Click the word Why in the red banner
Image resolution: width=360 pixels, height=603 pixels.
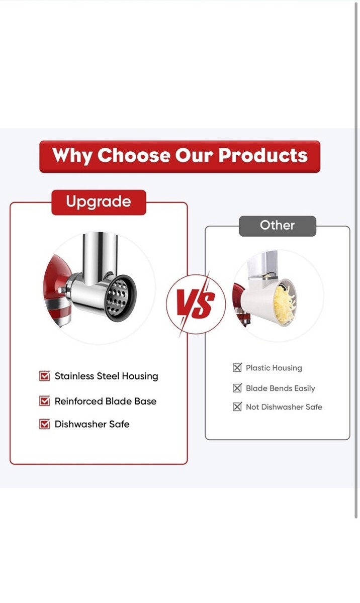72,156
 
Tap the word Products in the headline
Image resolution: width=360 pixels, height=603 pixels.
263,155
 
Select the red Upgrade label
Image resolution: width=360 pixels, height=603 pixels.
99,202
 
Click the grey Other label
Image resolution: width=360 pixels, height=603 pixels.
278,226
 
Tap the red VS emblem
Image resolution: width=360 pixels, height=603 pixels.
196,304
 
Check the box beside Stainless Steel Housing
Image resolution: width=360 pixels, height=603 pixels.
44,376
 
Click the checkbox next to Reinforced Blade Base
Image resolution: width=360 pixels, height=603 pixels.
44,400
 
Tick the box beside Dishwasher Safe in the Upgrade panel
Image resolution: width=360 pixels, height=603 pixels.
44,424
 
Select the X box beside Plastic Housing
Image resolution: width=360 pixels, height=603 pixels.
237,367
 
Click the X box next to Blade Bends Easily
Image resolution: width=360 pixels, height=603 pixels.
237,388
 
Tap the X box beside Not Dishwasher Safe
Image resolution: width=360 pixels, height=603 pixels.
237,407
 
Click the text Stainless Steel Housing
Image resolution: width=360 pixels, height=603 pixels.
107,376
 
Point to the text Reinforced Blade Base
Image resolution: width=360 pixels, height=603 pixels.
106,401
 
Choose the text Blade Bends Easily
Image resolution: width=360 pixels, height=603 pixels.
280,388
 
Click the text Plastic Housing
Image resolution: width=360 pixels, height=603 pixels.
274,368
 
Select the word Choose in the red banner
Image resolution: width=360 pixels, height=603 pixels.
134,155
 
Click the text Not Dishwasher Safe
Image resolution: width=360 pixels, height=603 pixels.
284,407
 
